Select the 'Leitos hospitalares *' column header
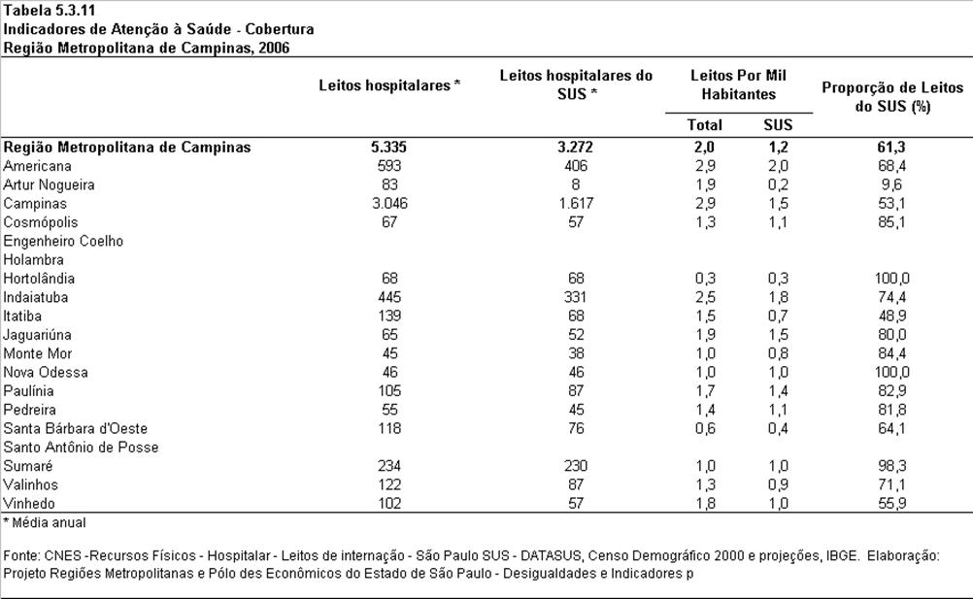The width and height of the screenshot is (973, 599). tap(389, 85)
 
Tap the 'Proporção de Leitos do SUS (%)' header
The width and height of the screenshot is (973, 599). tap(892, 97)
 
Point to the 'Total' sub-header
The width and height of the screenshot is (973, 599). tap(704, 124)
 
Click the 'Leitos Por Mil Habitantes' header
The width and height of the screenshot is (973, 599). tap(738, 85)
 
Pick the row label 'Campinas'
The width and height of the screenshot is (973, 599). tap(35, 203)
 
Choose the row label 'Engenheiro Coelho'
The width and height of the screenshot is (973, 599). tap(63, 241)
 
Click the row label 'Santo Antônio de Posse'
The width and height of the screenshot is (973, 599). tap(81, 448)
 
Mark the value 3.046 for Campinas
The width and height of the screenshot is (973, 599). tap(389, 203)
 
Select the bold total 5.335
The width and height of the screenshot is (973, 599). tap(389, 147)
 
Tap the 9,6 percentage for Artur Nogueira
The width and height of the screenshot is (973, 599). tap(891, 184)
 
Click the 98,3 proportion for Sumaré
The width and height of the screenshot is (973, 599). tap(891, 466)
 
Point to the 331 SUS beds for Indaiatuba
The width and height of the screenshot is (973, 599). tap(575, 297)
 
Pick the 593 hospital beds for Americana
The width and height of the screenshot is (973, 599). tap(389, 166)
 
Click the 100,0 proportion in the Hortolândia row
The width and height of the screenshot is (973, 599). tap(891, 279)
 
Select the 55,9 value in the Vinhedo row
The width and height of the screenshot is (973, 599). tap(891, 503)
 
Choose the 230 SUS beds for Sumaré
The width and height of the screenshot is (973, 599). tap(576, 466)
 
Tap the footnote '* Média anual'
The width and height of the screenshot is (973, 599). tap(45, 522)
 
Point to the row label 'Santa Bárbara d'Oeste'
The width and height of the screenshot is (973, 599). tap(75, 428)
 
